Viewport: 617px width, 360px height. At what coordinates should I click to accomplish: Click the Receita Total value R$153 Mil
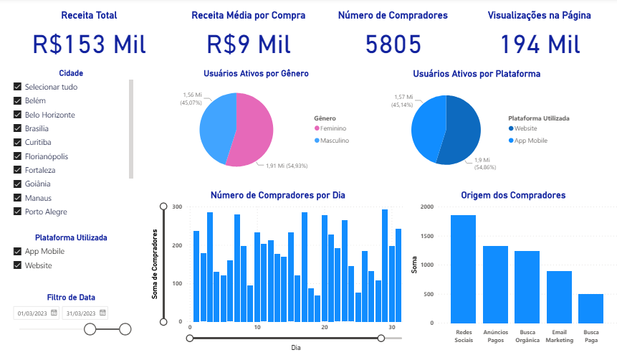click(89, 44)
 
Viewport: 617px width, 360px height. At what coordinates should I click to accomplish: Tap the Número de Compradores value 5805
click(393, 44)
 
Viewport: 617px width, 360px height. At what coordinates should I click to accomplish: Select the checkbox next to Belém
click(18, 101)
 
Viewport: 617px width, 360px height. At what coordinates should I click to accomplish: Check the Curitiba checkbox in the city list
click(18, 143)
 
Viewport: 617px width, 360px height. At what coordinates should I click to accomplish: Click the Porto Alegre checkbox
click(18, 212)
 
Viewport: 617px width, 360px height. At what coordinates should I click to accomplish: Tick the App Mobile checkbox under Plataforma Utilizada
click(18, 252)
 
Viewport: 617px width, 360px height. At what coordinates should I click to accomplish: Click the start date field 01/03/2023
click(32, 313)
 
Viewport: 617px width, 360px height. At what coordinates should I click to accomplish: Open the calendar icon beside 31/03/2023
click(103, 313)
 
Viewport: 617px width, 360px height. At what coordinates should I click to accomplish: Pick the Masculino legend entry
click(333, 141)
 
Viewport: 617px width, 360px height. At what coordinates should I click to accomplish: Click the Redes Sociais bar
click(463, 269)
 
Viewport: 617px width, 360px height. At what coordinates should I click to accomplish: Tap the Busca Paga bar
click(590, 308)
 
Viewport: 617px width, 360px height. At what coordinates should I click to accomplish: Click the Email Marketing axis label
click(559, 336)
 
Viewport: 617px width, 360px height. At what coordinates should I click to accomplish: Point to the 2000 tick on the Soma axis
click(426, 207)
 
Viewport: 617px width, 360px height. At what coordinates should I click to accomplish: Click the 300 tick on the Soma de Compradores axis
click(176, 207)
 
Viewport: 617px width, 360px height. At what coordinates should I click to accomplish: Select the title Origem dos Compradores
click(513, 195)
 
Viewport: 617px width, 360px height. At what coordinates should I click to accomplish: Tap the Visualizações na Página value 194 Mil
click(540, 44)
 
